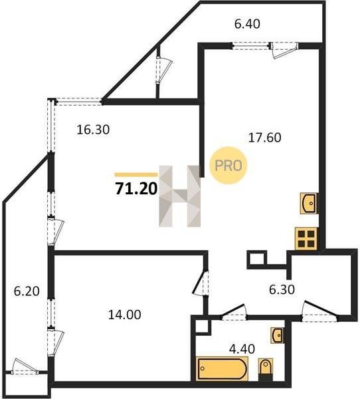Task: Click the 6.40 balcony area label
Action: pyautogui.click(x=247, y=24)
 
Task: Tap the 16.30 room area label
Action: pyautogui.click(x=93, y=130)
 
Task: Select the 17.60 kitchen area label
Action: pyautogui.click(x=264, y=138)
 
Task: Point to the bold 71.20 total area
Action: pyautogui.click(x=136, y=189)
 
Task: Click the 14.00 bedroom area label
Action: pyautogui.click(x=125, y=315)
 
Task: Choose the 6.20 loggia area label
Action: pyautogui.click(x=27, y=291)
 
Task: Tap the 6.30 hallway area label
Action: pyautogui.click(x=282, y=289)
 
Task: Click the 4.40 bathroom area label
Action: pyautogui.click(x=242, y=349)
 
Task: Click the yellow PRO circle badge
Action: pyautogui.click(x=228, y=166)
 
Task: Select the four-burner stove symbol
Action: pyautogui.click(x=306, y=238)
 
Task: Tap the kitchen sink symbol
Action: pyautogui.click(x=309, y=203)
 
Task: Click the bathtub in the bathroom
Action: pyautogui.click(x=222, y=368)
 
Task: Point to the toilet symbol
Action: pyautogui.click(x=266, y=369)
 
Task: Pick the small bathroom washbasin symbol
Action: pyautogui.click(x=278, y=336)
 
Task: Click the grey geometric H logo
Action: pyautogui.click(x=180, y=196)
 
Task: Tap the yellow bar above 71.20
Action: pyautogui.click(x=136, y=174)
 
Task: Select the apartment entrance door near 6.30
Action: pyautogui.click(x=320, y=310)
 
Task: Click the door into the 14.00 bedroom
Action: pyautogui.click(x=201, y=283)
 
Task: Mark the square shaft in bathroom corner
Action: pyautogui.click(x=203, y=325)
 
